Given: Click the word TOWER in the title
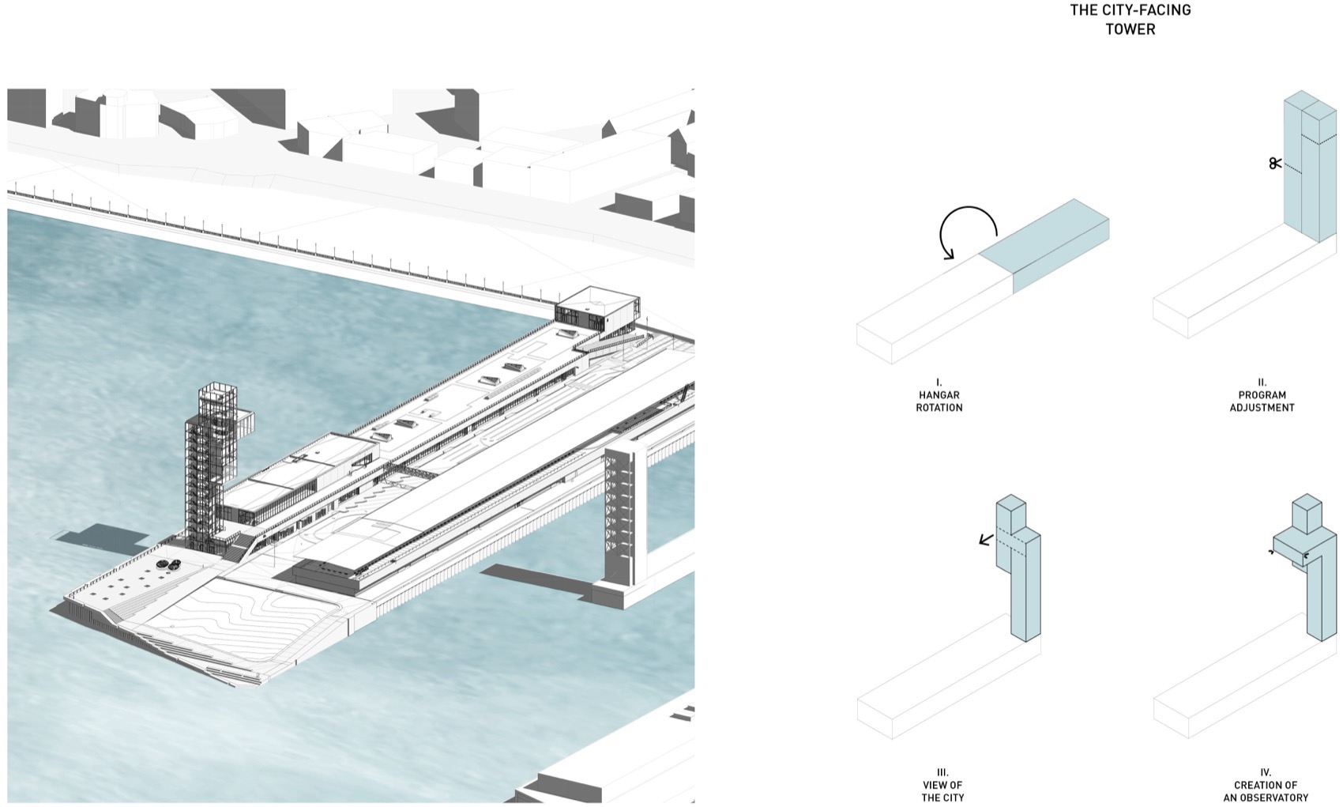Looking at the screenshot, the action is click(x=1130, y=28).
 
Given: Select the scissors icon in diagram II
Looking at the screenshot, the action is click(x=1275, y=163).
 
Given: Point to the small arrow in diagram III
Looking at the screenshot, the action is click(x=986, y=540).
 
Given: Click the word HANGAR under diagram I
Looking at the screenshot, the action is click(x=939, y=394).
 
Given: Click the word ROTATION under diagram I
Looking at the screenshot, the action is click(x=939, y=407).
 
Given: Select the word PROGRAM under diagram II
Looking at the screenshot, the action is click(x=1262, y=394).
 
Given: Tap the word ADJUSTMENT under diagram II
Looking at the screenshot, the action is click(x=1262, y=407).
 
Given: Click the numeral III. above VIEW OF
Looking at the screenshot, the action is click(x=942, y=772).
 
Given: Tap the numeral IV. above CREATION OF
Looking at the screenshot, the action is click(x=1266, y=772).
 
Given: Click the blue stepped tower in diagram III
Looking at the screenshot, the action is click(x=1018, y=568).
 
